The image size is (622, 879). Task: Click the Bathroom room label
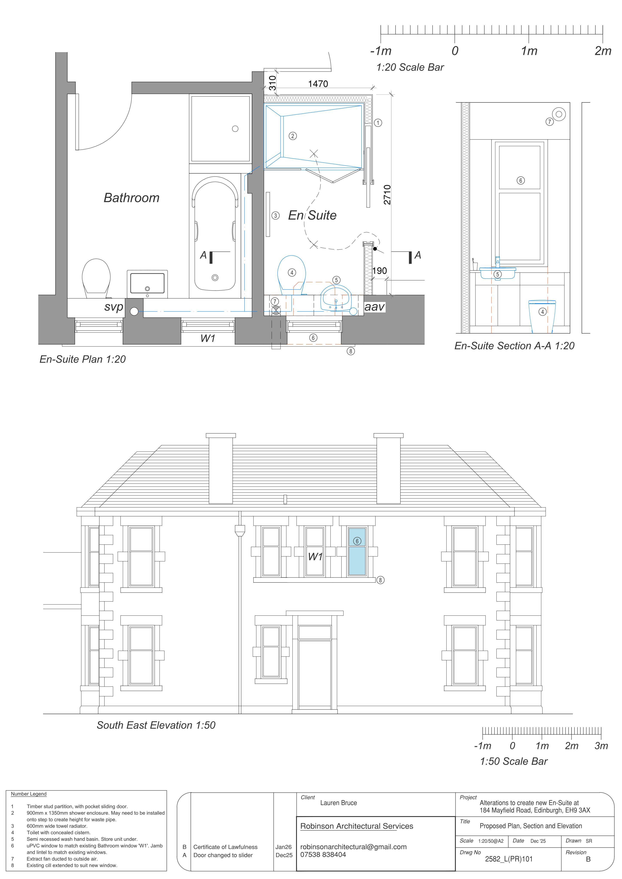[131, 198]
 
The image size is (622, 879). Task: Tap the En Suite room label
[312, 215]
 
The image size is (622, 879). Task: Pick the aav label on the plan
[374, 307]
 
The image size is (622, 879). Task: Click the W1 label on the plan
[208, 338]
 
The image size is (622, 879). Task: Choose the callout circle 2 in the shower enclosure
[293, 136]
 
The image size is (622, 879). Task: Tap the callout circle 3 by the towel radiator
[275, 215]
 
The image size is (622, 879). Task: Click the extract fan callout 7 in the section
[550, 122]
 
